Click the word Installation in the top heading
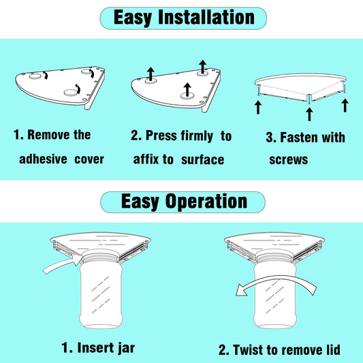point(206,18)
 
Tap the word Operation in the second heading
point(206,202)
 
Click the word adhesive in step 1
point(43,159)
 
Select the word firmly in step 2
point(197,136)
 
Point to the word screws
point(289,160)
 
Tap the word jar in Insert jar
point(126,349)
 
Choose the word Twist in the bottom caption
point(247,349)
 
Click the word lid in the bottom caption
point(332,349)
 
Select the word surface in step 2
point(202,160)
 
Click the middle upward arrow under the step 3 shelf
point(309,114)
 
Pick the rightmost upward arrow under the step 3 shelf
point(345,106)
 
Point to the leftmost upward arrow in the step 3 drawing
point(258,108)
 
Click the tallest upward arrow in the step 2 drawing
point(202,67)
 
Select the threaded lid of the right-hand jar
point(274,257)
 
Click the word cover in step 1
point(89,159)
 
